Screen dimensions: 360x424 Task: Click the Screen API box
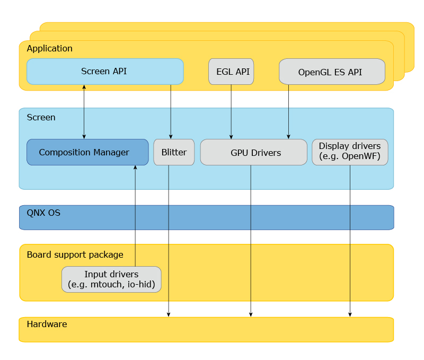click(104, 72)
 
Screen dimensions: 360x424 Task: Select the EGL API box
click(231, 72)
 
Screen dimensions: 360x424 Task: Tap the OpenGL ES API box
click(331, 72)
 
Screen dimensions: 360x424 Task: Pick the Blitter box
click(174, 152)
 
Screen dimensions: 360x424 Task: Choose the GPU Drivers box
click(253, 152)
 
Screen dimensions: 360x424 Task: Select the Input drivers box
click(111, 279)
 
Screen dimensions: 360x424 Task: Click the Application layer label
click(49, 48)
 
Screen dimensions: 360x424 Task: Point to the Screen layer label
click(41, 117)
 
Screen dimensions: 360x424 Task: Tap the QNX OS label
click(43, 213)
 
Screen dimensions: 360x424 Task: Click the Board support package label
click(75, 254)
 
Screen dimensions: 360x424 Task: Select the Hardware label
click(47, 324)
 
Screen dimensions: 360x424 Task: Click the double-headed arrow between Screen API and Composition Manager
click(84, 111)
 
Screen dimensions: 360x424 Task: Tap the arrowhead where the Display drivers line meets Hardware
click(350, 315)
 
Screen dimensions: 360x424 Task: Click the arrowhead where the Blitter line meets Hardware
click(169, 315)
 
